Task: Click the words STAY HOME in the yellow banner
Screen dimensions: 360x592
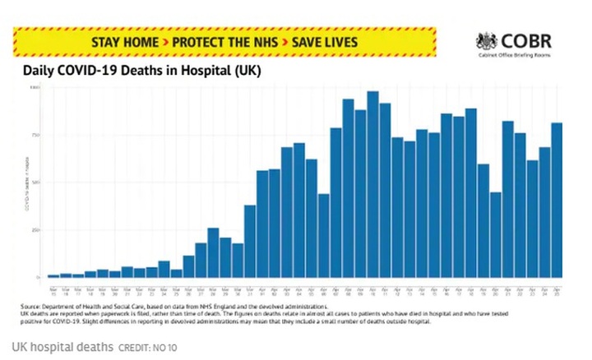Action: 121,40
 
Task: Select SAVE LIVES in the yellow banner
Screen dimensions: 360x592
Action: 330,40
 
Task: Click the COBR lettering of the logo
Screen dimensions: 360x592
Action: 526,40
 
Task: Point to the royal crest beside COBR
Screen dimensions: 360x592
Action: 487,41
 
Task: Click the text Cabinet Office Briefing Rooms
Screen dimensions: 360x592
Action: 514,56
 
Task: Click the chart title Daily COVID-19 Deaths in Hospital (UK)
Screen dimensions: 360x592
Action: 141,72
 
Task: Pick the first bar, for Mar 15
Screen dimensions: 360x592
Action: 53,275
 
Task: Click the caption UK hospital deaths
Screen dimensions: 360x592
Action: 63,347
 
